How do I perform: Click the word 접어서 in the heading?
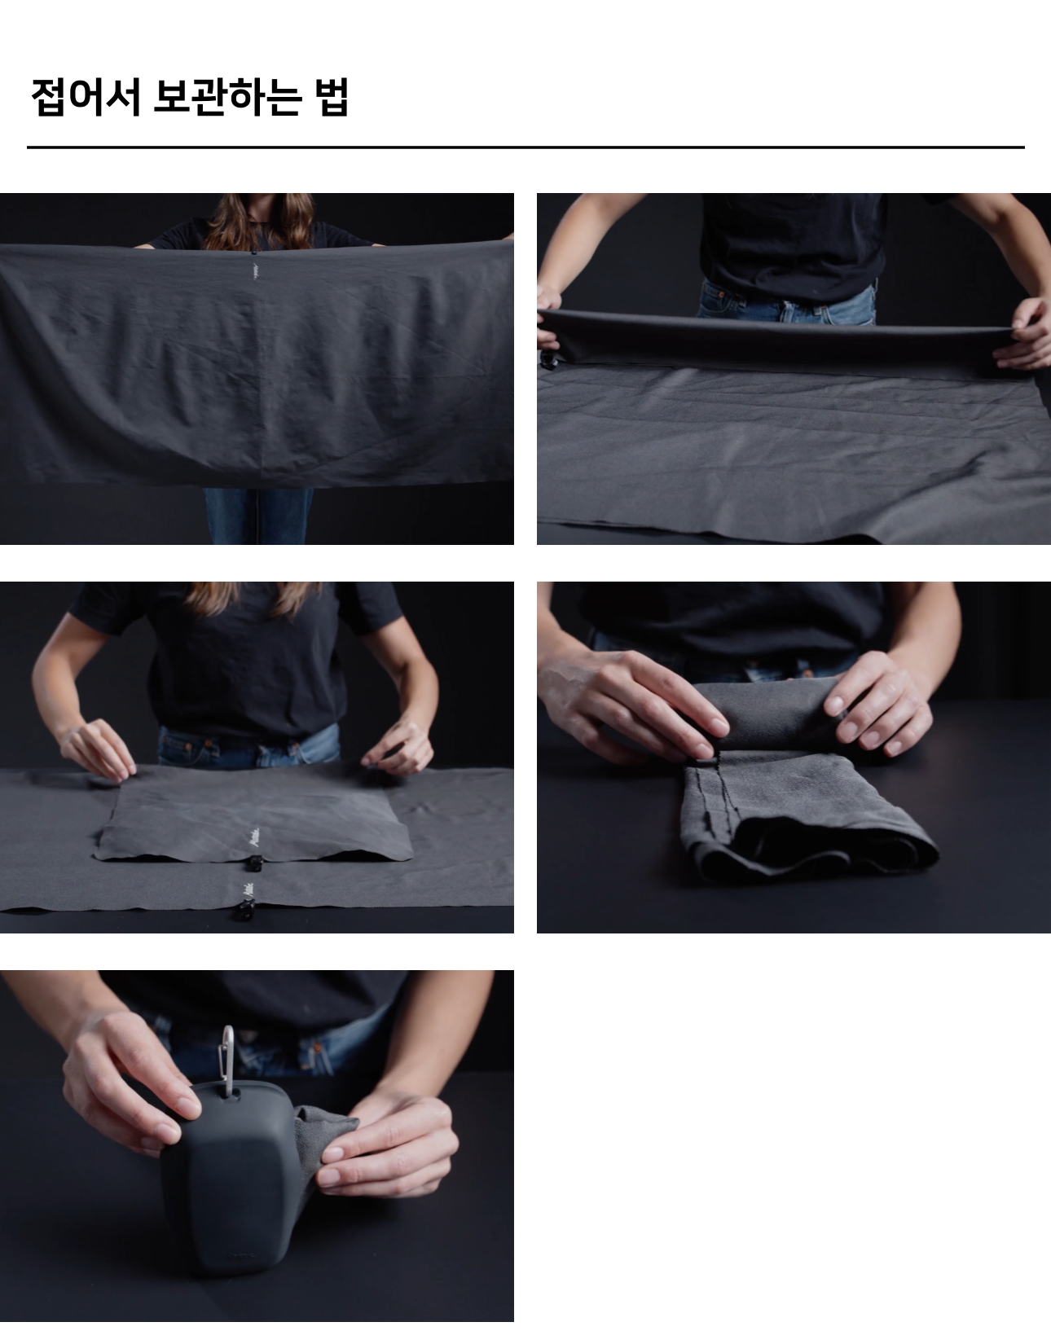click(86, 96)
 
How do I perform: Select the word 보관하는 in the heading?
click(227, 96)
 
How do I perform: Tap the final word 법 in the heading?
click(332, 96)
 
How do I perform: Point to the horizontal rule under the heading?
click(525, 147)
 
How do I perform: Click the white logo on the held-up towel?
click(255, 270)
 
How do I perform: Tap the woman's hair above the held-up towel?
click(259, 220)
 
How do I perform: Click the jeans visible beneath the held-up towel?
click(258, 516)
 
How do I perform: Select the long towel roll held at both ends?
click(785, 339)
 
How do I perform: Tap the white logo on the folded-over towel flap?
click(254, 839)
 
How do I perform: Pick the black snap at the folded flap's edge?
click(253, 862)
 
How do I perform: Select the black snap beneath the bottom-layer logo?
click(244, 911)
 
